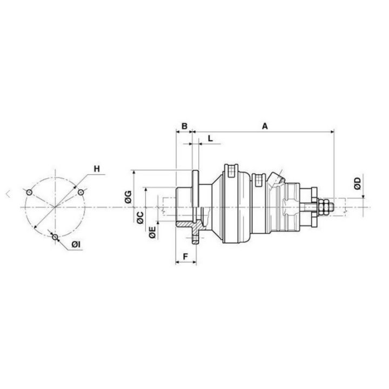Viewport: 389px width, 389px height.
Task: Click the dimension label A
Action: click(x=265, y=126)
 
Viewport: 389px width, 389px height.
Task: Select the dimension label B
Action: click(x=184, y=126)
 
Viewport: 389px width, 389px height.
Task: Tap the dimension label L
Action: click(x=210, y=138)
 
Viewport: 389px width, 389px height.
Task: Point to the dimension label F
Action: click(x=185, y=257)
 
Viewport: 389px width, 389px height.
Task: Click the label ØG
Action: click(x=128, y=197)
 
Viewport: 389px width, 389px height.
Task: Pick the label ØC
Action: click(x=140, y=218)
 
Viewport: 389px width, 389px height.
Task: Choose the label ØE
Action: click(x=152, y=232)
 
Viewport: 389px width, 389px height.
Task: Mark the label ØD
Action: click(x=358, y=183)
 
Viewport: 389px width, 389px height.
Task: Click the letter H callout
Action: click(x=97, y=169)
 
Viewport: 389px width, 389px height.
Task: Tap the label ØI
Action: click(x=76, y=245)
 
